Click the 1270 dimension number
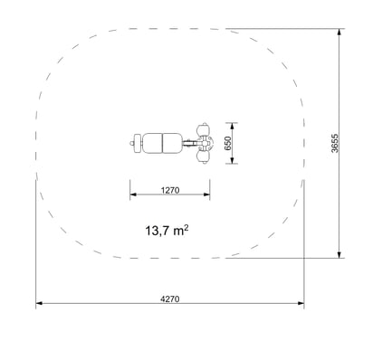(x=170, y=190)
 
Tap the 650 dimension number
(x=228, y=143)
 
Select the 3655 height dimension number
(x=335, y=143)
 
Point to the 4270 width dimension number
(x=170, y=298)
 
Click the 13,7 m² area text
(x=167, y=231)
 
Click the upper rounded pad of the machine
(x=203, y=130)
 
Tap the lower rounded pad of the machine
(x=203, y=156)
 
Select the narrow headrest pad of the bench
(x=138, y=143)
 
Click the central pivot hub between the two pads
(x=205, y=143)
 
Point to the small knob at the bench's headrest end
(x=131, y=144)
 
